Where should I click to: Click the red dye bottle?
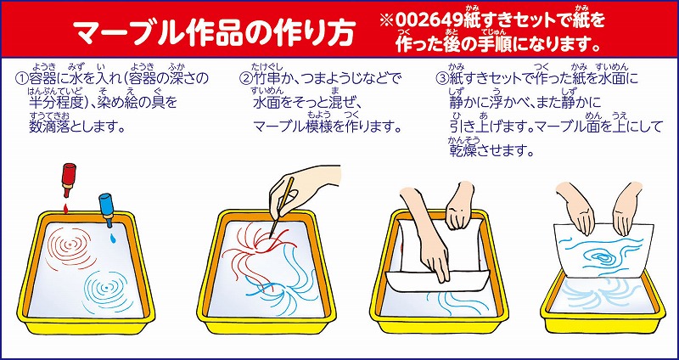pos(69,179)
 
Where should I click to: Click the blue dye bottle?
pos(106,209)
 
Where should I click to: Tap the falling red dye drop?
pos(66,208)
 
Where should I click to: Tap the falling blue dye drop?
pos(113,238)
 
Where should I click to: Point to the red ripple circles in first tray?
pos(70,248)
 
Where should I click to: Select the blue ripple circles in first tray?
pos(105,288)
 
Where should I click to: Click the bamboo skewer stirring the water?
pos(281,207)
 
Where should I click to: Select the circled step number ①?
pos(21,79)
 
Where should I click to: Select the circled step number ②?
pos(245,79)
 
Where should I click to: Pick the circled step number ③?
pos(441,79)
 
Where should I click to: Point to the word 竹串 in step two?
pos(267,79)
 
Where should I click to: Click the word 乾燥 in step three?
pos(463,151)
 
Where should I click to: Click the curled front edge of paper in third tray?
pos(437,281)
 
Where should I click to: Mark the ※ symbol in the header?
pos(387,20)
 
